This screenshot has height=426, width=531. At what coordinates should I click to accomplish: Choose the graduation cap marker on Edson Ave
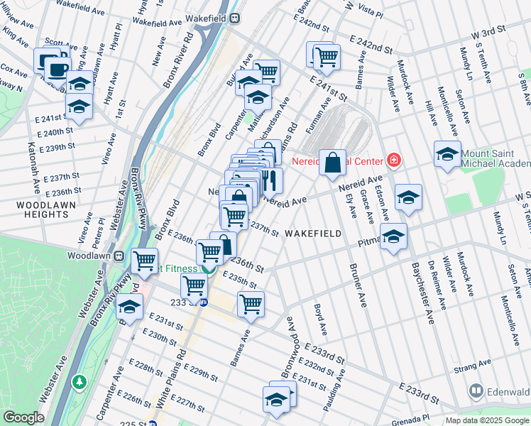(408, 198)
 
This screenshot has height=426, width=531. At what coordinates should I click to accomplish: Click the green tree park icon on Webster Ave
(80, 383)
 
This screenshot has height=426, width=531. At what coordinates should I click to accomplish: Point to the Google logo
(23, 417)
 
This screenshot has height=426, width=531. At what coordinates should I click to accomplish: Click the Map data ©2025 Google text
(487, 420)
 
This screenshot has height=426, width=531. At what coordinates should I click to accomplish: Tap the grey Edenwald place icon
(476, 390)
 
